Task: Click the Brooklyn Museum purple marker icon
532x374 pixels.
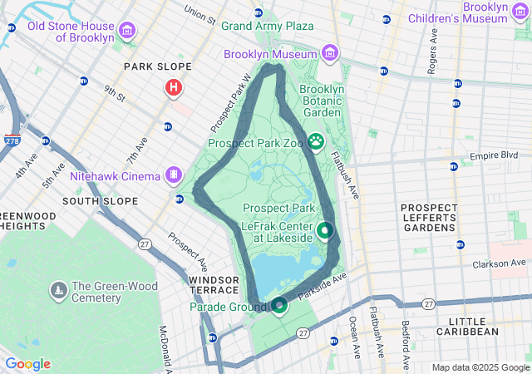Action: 331,54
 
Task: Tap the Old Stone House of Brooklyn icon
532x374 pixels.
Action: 127,32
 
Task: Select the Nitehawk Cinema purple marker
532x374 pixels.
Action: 173,175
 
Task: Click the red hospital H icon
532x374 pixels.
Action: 173,86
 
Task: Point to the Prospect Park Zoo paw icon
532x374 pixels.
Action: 316,141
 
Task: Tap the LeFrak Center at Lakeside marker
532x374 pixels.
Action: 325,230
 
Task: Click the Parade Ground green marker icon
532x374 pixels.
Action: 278,306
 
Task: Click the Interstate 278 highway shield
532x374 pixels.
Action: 12,140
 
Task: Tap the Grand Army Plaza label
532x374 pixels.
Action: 267,26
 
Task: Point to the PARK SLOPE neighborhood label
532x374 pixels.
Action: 157,66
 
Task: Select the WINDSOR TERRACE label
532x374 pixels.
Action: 214,285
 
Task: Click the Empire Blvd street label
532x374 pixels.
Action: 494,155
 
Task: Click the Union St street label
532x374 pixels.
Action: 199,14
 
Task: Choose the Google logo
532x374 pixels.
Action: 27,364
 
